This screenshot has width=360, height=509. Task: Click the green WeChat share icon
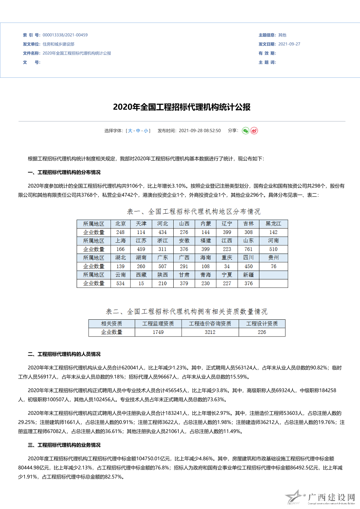click(x=246, y=131)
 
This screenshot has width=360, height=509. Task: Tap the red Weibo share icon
click(x=254, y=131)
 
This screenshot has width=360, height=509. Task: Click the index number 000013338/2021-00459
click(x=65, y=35)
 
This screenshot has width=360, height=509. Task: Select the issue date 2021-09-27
click(x=289, y=44)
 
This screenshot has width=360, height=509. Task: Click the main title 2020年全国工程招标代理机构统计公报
click(x=182, y=107)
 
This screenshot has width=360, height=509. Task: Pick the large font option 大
click(x=130, y=131)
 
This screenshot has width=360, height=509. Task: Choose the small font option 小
click(x=146, y=131)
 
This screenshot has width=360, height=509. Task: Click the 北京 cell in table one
click(x=120, y=224)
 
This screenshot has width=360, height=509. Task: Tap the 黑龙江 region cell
click(x=273, y=224)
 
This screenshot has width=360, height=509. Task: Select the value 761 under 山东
click(x=248, y=249)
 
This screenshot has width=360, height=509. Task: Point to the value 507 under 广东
click(x=162, y=266)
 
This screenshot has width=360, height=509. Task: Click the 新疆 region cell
click(x=248, y=275)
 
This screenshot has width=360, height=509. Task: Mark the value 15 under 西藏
click(x=141, y=283)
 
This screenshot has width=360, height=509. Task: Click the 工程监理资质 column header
click(x=158, y=324)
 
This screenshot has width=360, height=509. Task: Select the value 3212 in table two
click(x=210, y=332)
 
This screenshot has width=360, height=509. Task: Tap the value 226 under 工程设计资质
click(x=262, y=332)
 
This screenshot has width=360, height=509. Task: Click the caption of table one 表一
click(x=194, y=211)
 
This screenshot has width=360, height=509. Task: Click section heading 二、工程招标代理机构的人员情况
click(x=64, y=354)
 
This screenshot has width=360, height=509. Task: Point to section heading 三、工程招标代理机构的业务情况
click(x=64, y=445)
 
